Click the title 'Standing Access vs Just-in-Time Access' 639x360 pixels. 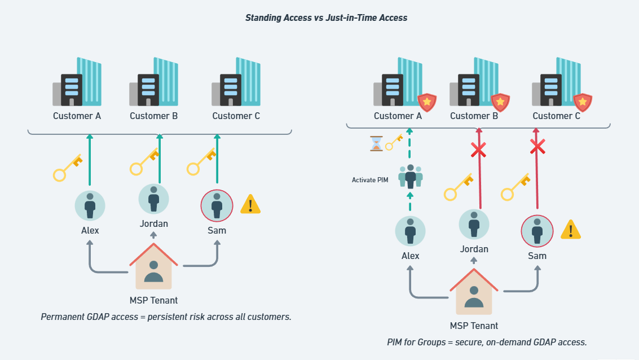326,17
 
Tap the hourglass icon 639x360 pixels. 376,143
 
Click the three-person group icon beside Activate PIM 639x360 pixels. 411,176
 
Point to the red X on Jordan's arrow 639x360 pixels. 479,150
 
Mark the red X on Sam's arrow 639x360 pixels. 537,146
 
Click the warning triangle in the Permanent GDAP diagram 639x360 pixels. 250,204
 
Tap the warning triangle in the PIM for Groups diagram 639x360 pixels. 571,230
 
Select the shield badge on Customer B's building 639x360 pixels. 500,103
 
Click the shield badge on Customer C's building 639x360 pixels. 583,103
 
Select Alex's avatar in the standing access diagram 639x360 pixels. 90,206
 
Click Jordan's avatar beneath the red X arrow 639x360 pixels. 474,224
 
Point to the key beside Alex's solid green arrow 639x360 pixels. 68,166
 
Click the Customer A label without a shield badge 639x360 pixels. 77,116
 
